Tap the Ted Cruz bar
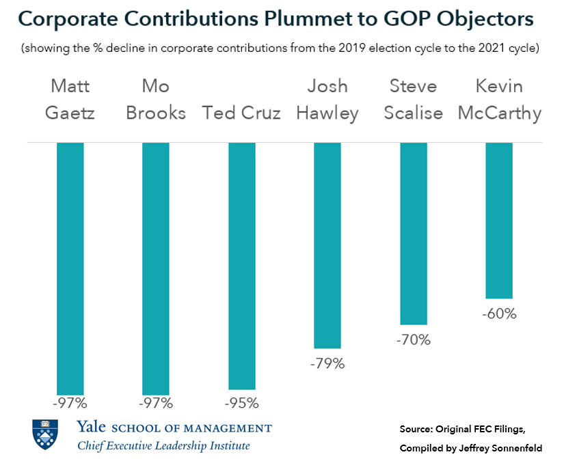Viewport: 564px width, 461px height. [241, 266]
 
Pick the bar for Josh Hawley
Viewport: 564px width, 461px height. [327, 246]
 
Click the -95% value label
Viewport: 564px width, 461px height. [241, 403]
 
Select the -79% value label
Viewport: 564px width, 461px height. [327, 363]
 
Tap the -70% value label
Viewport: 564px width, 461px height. [413, 339]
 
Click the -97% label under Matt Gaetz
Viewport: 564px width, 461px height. [70, 403]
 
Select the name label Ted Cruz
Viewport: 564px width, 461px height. [241, 113]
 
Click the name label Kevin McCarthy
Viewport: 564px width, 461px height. [499, 99]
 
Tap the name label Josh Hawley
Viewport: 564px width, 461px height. [327, 99]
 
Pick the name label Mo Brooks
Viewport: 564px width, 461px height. [156, 99]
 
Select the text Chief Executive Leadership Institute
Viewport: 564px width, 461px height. [163, 445]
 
